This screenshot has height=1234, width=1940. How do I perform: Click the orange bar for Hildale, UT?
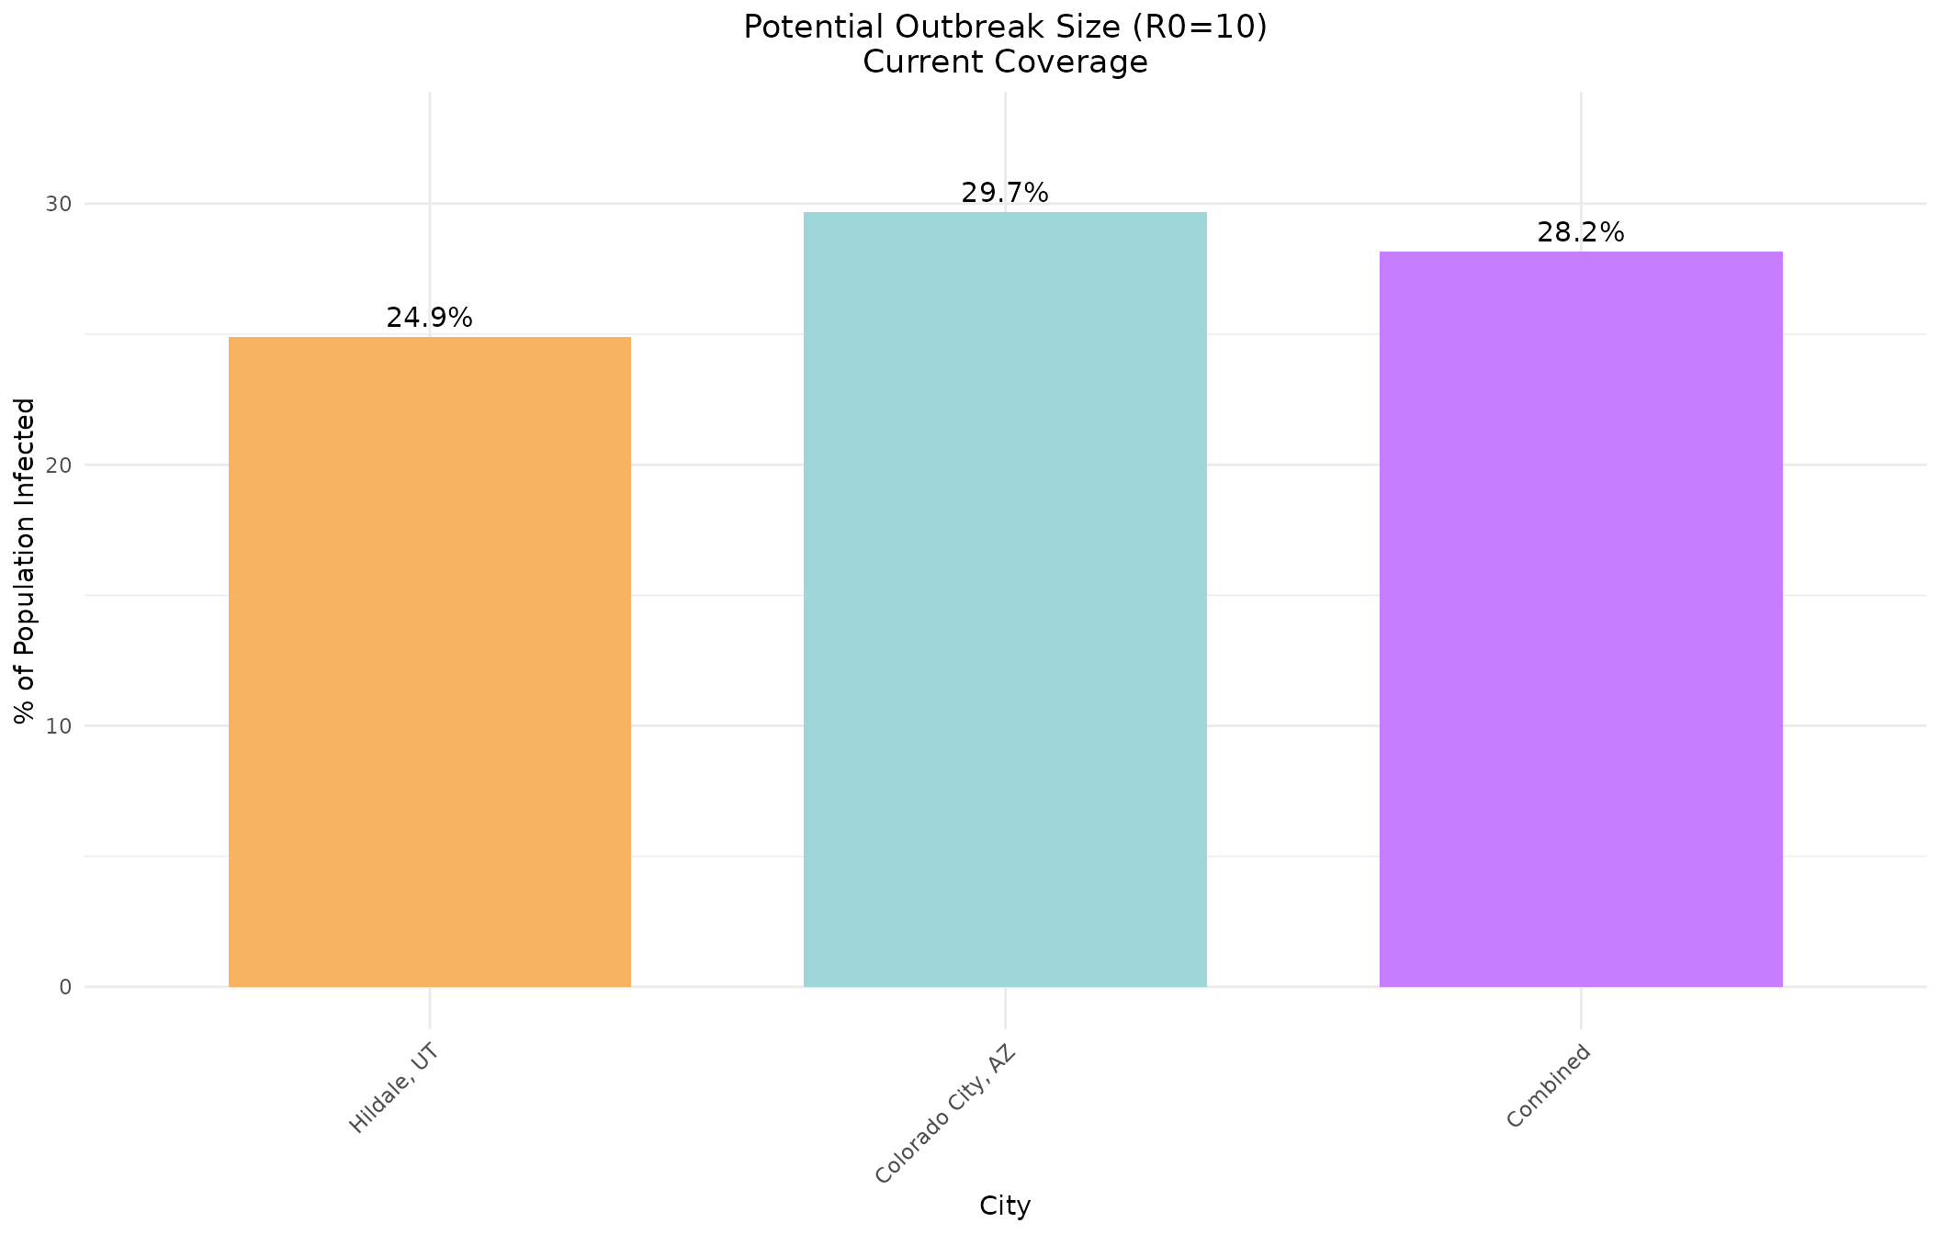point(429,661)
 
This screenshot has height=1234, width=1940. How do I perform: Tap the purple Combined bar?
point(1580,619)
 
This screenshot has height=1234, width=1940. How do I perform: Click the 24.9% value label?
point(429,318)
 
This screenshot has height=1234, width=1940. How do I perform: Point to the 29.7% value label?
point(1005,193)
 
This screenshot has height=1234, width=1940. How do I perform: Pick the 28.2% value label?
point(1580,233)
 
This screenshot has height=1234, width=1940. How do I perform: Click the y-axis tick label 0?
point(65,987)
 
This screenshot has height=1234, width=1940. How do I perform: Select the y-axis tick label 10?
point(59,726)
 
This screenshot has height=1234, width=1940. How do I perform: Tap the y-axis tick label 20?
point(59,465)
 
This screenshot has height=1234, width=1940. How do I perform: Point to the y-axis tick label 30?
point(59,204)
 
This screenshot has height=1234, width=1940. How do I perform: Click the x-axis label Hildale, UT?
point(393,1088)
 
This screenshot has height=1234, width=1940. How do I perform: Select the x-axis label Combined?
point(1548,1085)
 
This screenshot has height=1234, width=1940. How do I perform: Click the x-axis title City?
point(1005,1206)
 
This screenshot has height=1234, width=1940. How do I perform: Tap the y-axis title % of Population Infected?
point(26,560)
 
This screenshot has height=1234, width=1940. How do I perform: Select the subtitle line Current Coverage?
point(1005,62)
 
